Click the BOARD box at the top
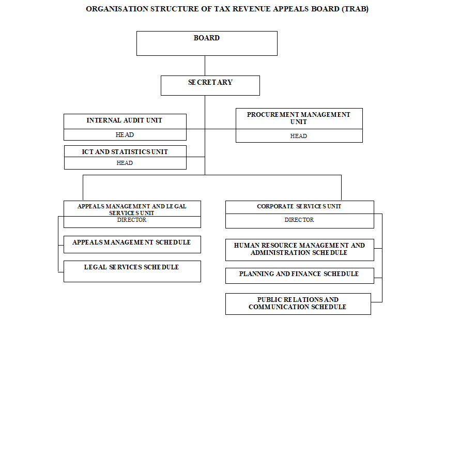207,43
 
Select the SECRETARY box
210,85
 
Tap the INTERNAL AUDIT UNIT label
125,120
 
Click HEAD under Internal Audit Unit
125,135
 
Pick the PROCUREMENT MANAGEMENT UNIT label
299,118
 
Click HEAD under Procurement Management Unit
299,136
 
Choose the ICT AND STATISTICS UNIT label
125,152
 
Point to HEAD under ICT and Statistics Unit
125,163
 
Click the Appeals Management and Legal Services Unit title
132,209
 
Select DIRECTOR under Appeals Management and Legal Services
132,220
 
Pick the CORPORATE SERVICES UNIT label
299,207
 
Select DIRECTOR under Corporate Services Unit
299,220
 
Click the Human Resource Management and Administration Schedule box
299,249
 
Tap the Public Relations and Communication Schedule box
298,303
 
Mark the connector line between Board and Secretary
205,66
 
